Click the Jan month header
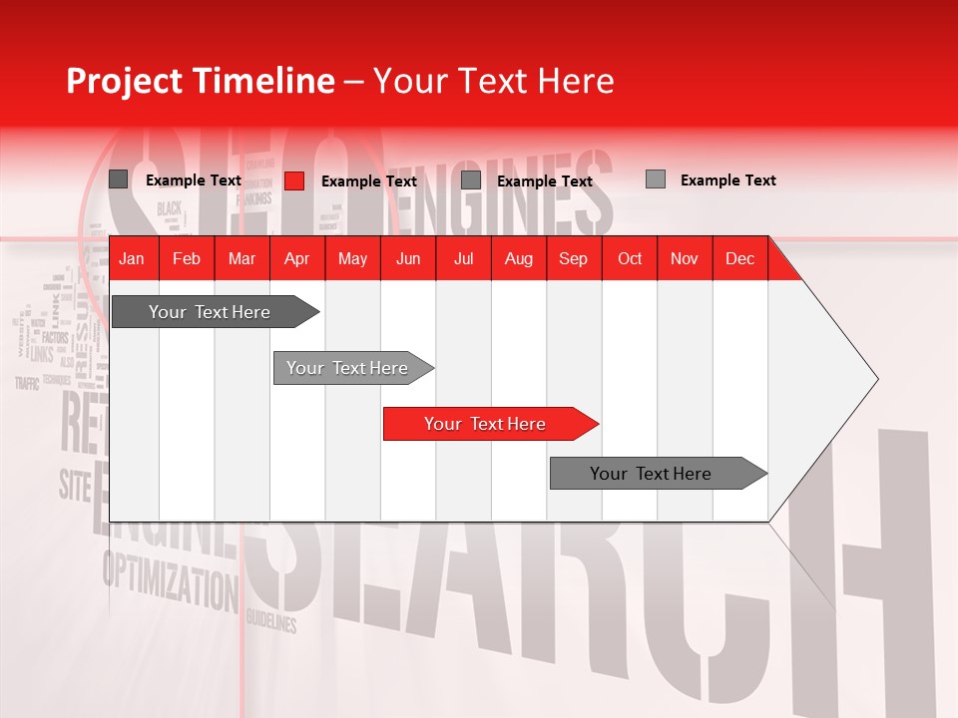tap(132, 258)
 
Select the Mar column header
tap(241, 258)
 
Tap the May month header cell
tap(352, 258)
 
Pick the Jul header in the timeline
tap(463, 258)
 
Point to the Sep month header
tap(573, 258)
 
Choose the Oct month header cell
tap(630, 258)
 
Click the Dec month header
tap(739, 258)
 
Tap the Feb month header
tap(187, 258)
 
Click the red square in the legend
tap(294, 180)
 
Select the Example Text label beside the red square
tap(368, 181)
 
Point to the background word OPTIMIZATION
tap(166, 578)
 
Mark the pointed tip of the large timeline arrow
tap(876, 379)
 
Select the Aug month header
tap(518, 258)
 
